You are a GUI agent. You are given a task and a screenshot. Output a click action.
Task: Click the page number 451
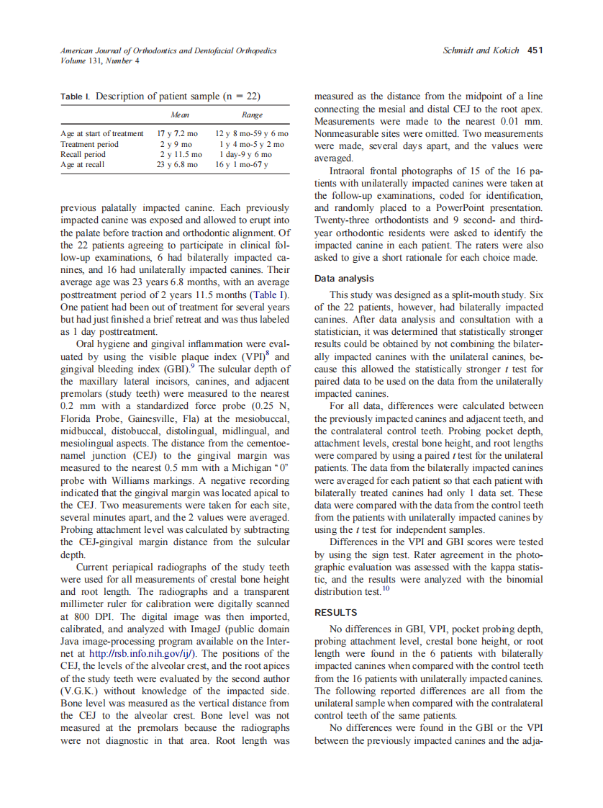pos(535,50)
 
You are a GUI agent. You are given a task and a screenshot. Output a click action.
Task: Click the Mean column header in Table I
pos(179,115)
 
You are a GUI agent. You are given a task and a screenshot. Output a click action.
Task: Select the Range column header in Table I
pos(252,115)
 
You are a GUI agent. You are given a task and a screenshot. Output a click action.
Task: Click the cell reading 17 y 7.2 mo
pos(177,134)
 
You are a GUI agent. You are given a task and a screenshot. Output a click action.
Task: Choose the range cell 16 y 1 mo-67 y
pos(242,164)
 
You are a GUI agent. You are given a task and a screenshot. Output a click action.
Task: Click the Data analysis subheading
pos(344,279)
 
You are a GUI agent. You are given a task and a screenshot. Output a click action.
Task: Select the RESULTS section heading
pos(336,612)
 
